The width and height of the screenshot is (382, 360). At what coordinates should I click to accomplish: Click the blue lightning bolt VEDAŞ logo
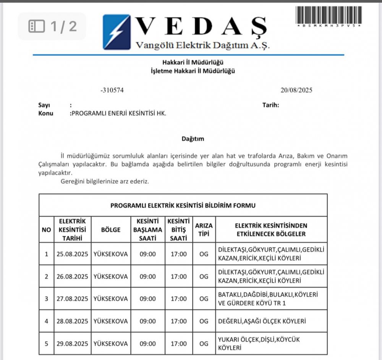[116, 32]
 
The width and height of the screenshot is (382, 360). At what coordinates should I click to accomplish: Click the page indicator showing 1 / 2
[52, 26]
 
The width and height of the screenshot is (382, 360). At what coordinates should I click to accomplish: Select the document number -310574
[112, 90]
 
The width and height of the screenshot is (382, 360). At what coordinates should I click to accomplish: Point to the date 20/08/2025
[296, 90]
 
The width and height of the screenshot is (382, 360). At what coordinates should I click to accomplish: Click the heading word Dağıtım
[193, 139]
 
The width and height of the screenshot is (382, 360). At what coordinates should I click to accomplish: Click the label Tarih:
[270, 105]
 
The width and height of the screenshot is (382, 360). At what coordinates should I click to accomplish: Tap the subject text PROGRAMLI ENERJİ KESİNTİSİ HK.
[119, 113]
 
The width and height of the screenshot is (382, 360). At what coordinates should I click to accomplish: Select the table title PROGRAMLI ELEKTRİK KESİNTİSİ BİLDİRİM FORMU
[183, 205]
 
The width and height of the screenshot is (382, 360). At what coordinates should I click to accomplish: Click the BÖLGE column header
[111, 229]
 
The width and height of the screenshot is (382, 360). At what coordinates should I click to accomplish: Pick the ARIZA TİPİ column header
[204, 229]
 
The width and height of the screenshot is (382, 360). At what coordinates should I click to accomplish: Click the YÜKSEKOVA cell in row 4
[111, 321]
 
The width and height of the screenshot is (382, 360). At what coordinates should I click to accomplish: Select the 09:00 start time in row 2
[148, 276]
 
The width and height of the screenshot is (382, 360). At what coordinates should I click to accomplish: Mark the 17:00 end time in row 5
[178, 344]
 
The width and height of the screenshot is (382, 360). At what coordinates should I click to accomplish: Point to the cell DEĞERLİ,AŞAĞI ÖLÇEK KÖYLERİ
[262, 321]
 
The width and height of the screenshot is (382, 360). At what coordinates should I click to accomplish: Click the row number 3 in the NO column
[46, 299]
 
